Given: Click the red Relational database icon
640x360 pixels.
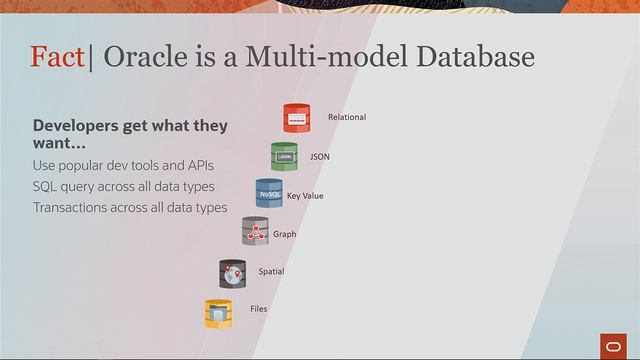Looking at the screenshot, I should [297, 118].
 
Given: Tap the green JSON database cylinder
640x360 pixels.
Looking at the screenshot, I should [284, 156].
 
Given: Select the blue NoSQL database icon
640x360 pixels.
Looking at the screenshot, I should [269, 193].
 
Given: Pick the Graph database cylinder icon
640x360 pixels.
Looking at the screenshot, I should [255, 232].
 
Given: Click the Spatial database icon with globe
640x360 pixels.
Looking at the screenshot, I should [233, 273].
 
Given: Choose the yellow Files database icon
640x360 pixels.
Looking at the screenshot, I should [219, 313].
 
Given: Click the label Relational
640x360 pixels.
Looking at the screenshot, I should [347, 118].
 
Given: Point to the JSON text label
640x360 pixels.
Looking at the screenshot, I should [320, 157].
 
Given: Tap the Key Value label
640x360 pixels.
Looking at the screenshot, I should [305, 196].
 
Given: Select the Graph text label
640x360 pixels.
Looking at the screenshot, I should [285, 234].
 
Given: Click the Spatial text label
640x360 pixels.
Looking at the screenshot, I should [271, 271].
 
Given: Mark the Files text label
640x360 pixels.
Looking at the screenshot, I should [258, 309].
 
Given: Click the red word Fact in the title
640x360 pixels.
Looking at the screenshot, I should [58, 57].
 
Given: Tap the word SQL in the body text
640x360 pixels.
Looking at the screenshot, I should [45, 186].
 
